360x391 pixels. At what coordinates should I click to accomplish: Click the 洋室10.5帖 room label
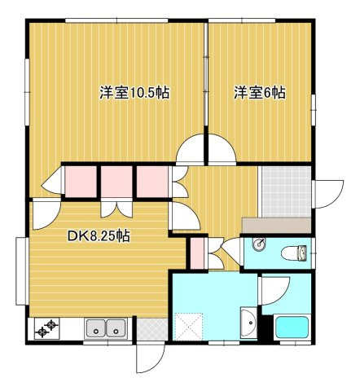point(134,93)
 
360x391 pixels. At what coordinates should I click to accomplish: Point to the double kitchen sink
point(105,329)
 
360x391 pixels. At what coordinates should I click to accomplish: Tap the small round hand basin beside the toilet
point(259,244)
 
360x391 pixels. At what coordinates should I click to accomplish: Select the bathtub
point(292,327)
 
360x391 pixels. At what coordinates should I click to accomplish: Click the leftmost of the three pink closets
point(81,182)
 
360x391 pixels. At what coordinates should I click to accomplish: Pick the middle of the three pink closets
point(116,182)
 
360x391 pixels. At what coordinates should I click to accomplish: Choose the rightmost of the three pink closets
point(152,182)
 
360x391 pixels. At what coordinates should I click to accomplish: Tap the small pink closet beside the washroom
point(196,253)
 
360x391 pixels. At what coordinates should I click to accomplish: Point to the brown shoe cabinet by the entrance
point(276,225)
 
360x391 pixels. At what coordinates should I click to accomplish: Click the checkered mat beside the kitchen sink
point(150,329)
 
